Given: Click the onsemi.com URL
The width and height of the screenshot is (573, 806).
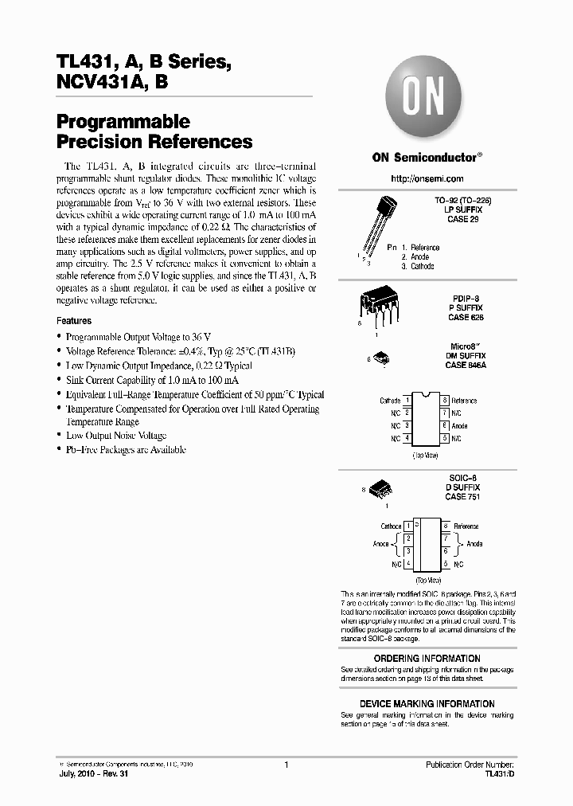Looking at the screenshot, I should (x=427, y=178).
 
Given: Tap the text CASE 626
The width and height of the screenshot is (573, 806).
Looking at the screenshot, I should (x=466, y=317).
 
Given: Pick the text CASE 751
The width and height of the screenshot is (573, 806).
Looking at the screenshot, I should (x=462, y=497).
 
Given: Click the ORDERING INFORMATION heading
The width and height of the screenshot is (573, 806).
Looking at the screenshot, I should (x=427, y=659).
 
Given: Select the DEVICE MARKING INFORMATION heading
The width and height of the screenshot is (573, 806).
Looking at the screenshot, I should (x=427, y=704).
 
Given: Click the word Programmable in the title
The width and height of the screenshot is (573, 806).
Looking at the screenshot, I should (x=123, y=122).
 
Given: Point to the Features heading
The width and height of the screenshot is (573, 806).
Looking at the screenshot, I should (x=74, y=320).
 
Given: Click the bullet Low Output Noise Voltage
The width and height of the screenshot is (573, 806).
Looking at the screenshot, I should (x=116, y=436).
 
